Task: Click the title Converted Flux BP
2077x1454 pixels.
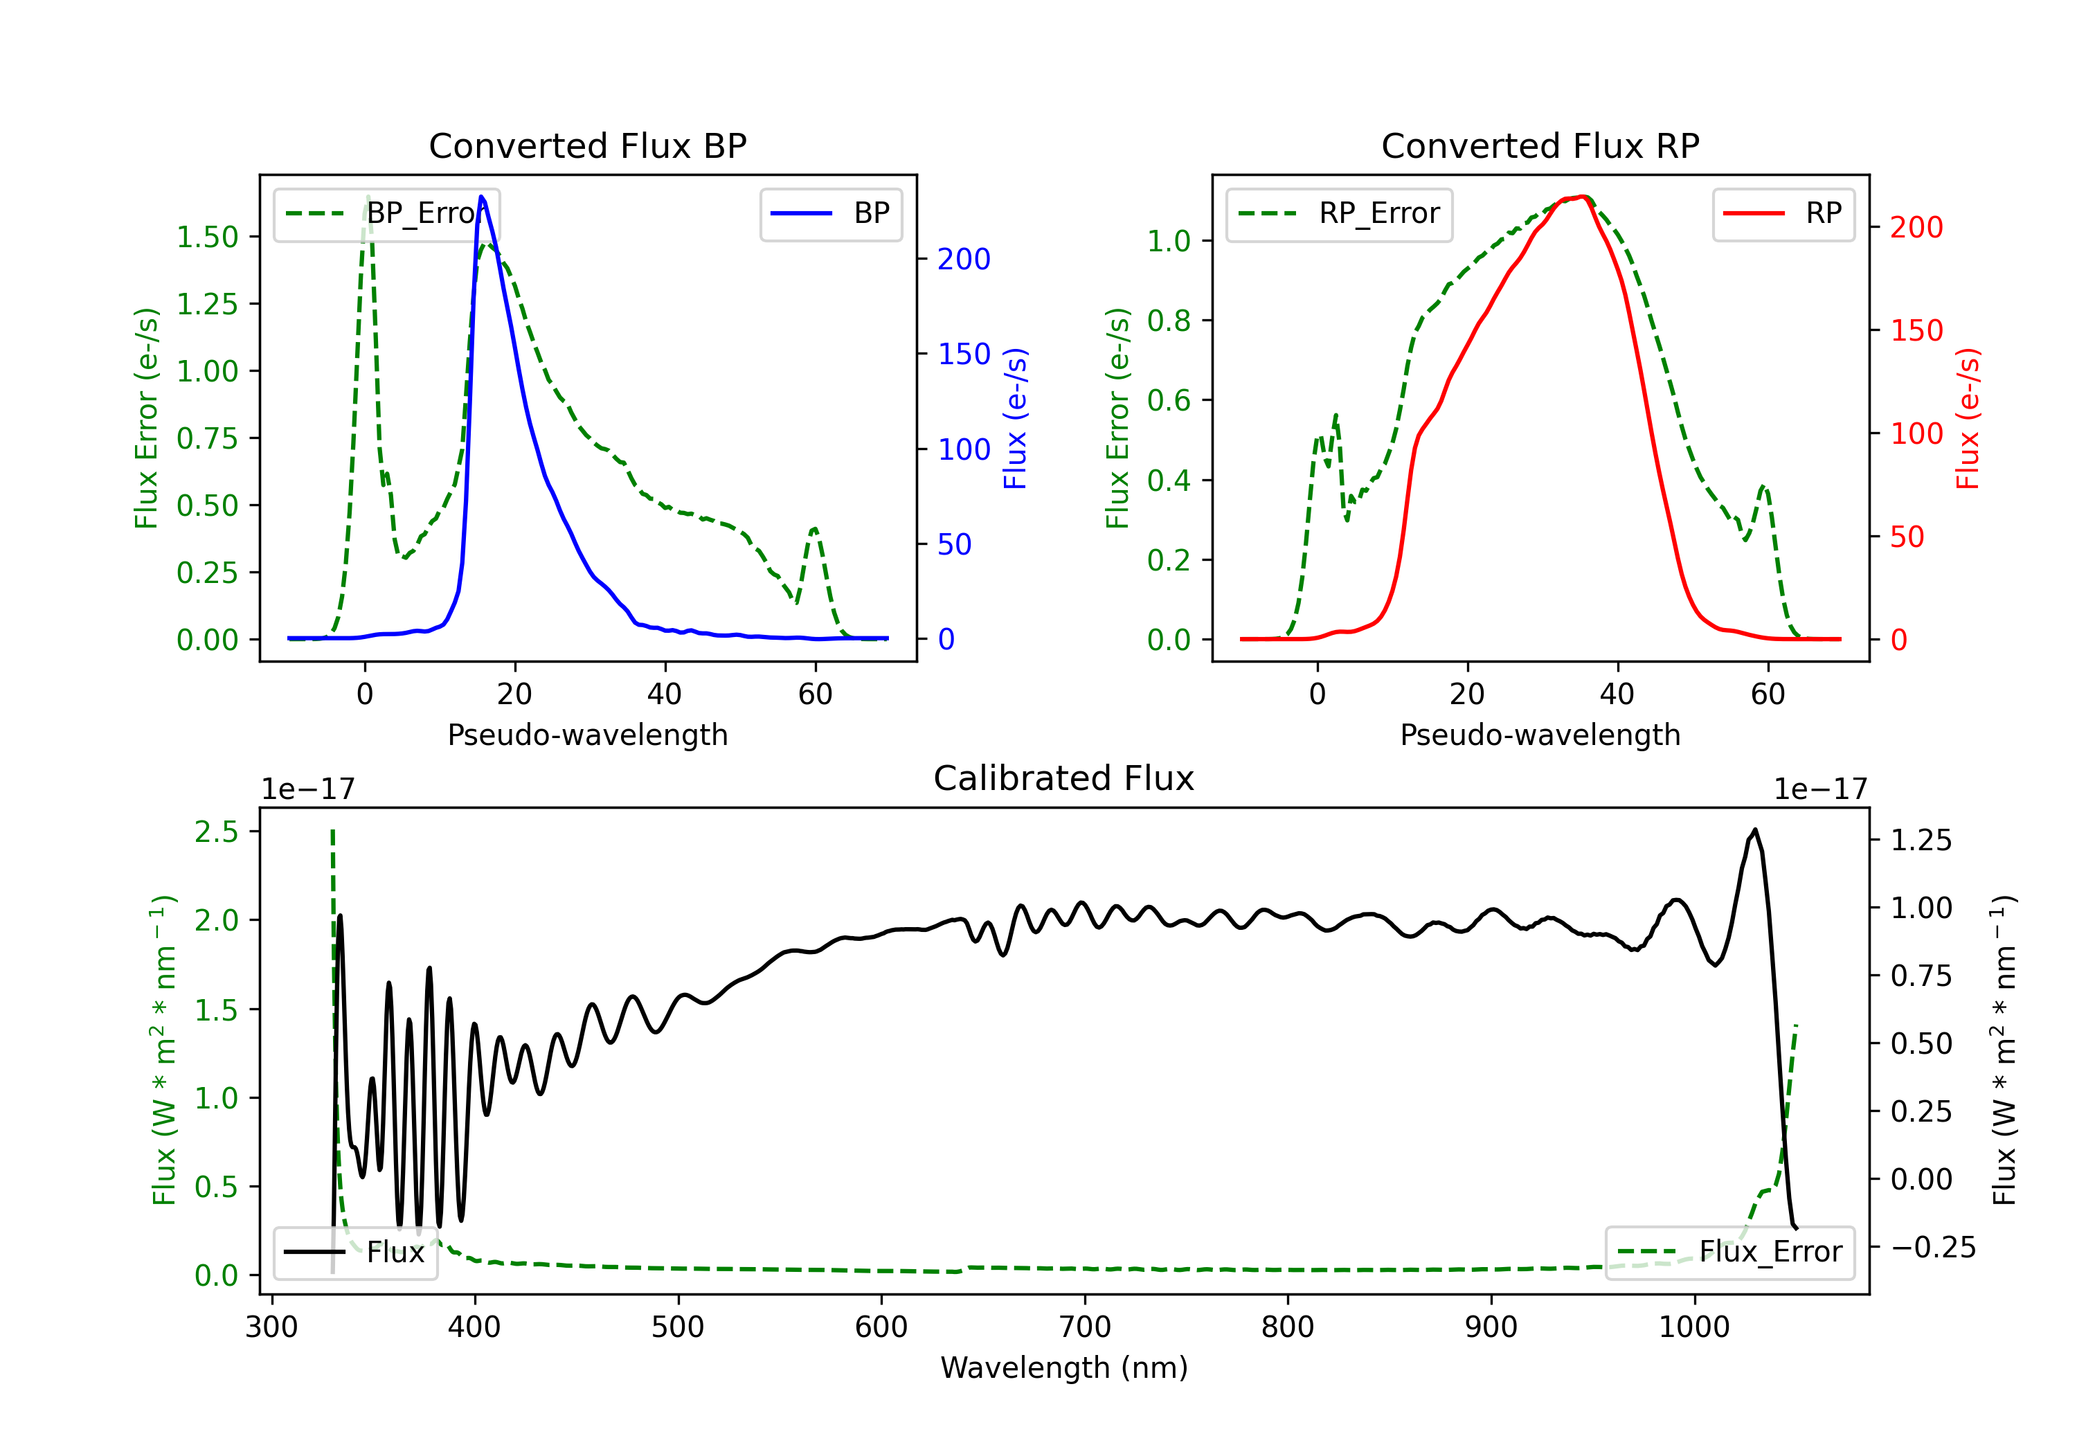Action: point(587,145)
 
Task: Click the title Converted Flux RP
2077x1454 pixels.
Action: point(1540,145)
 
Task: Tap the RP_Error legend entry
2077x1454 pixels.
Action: point(1340,213)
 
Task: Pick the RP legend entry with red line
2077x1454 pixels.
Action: point(1783,213)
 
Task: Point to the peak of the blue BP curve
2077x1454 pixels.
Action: point(481,197)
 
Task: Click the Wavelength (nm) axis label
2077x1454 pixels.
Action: point(1064,1367)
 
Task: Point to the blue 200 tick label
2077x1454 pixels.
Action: point(964,260)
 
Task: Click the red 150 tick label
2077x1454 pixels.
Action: point(1916,330)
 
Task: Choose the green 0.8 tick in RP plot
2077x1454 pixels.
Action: point(1169,321)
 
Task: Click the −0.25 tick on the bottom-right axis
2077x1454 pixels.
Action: point(1933,1248)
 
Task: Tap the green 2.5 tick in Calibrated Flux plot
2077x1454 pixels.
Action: point(216,832)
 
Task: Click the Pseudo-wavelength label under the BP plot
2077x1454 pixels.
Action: point(587,735)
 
